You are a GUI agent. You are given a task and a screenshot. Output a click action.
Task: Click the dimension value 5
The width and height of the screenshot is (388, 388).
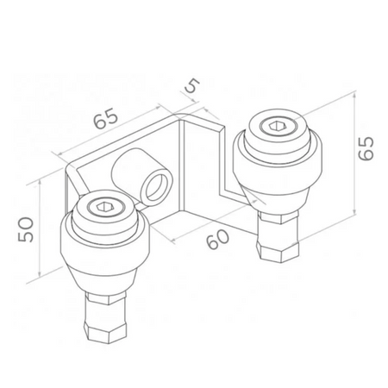(x=191, y=86)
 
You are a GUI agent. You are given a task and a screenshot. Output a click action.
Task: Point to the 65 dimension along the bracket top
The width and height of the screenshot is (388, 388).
(x=106, y=121)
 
